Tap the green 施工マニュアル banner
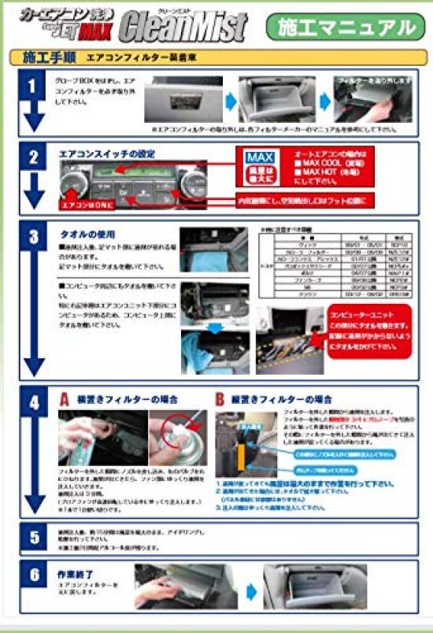(346, 28)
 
